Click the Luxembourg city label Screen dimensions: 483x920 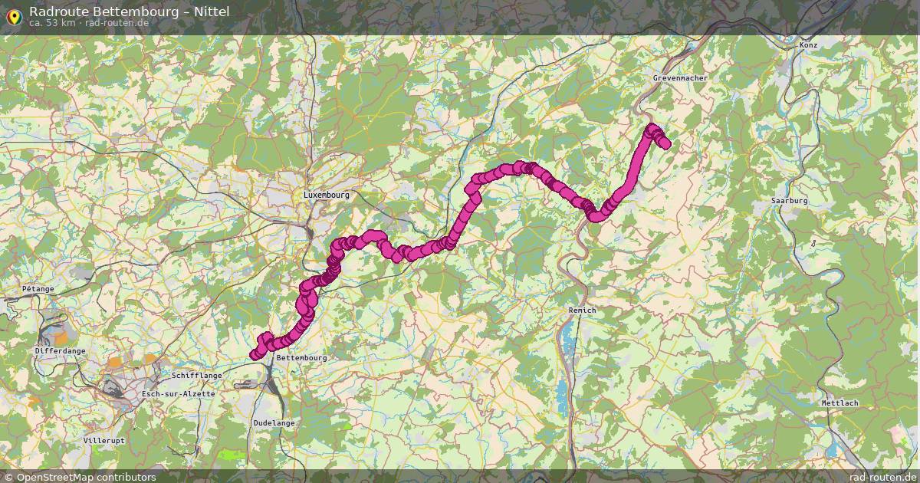[x=326, y=195]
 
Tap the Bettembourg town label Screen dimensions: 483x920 [x=301, y=358]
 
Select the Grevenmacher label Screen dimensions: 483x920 [x=680, y=78]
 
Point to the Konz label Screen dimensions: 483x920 [x=808, y=45]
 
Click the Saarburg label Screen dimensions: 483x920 [x=790, y=201]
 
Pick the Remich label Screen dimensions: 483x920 [x=582, y=310]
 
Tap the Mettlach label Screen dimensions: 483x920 [x=839, y=403]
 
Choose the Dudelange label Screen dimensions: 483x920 [x=274, y=422]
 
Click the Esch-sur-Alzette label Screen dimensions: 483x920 [x=179, y=393]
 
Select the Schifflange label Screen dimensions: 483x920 [x=197, y=376]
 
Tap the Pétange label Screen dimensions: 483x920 [x=38, y=289]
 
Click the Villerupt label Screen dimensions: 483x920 [x=103, y=441]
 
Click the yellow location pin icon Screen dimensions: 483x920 [x=13, y=15]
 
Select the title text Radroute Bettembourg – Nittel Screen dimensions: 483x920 [x=129, y=11]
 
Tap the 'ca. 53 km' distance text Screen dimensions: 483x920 [x=51, y=23]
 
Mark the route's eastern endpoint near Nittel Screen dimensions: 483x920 [x=665, y=143]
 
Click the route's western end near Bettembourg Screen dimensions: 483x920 [x=254, y=354]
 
